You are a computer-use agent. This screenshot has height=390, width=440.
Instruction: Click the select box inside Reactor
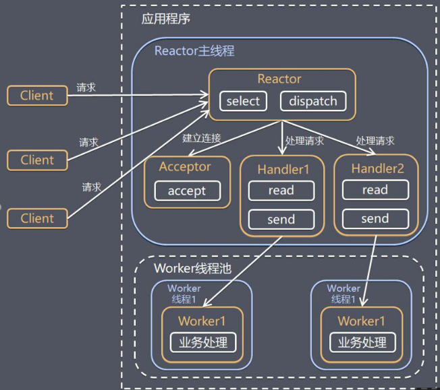[x=243, y=102]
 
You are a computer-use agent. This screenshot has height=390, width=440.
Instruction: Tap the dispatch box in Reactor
[x=313, y=102]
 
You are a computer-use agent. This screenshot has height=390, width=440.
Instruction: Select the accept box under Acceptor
[x=186, y=191]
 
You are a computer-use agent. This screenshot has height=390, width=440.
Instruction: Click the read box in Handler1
[x=281, y=191]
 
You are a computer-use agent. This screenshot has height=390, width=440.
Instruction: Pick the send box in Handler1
[x=281, y=220]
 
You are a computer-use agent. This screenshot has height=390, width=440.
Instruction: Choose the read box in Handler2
[x=375, y=190]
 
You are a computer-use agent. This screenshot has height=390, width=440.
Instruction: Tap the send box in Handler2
[x=375, y=219]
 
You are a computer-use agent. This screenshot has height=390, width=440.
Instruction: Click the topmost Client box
[x=37, y=96]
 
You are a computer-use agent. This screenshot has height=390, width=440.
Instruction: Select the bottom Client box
[x=37, y=218]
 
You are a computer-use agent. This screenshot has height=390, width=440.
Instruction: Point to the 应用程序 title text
[x=165, y=19]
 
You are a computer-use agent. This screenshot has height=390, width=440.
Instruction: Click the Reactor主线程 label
[x=195, y=51]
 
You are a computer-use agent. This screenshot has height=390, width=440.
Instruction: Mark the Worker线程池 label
[x=192, y=268]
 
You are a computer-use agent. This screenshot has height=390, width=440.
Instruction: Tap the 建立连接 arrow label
[x=201, y=139]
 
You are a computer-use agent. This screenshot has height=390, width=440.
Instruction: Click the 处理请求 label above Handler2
[x=375, y=141]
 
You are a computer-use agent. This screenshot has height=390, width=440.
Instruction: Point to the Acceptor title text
[x=185, y=167]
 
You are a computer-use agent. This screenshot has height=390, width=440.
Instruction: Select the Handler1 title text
[x=283, y=169]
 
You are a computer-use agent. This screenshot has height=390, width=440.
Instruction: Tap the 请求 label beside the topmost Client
[x=86, y=88]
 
